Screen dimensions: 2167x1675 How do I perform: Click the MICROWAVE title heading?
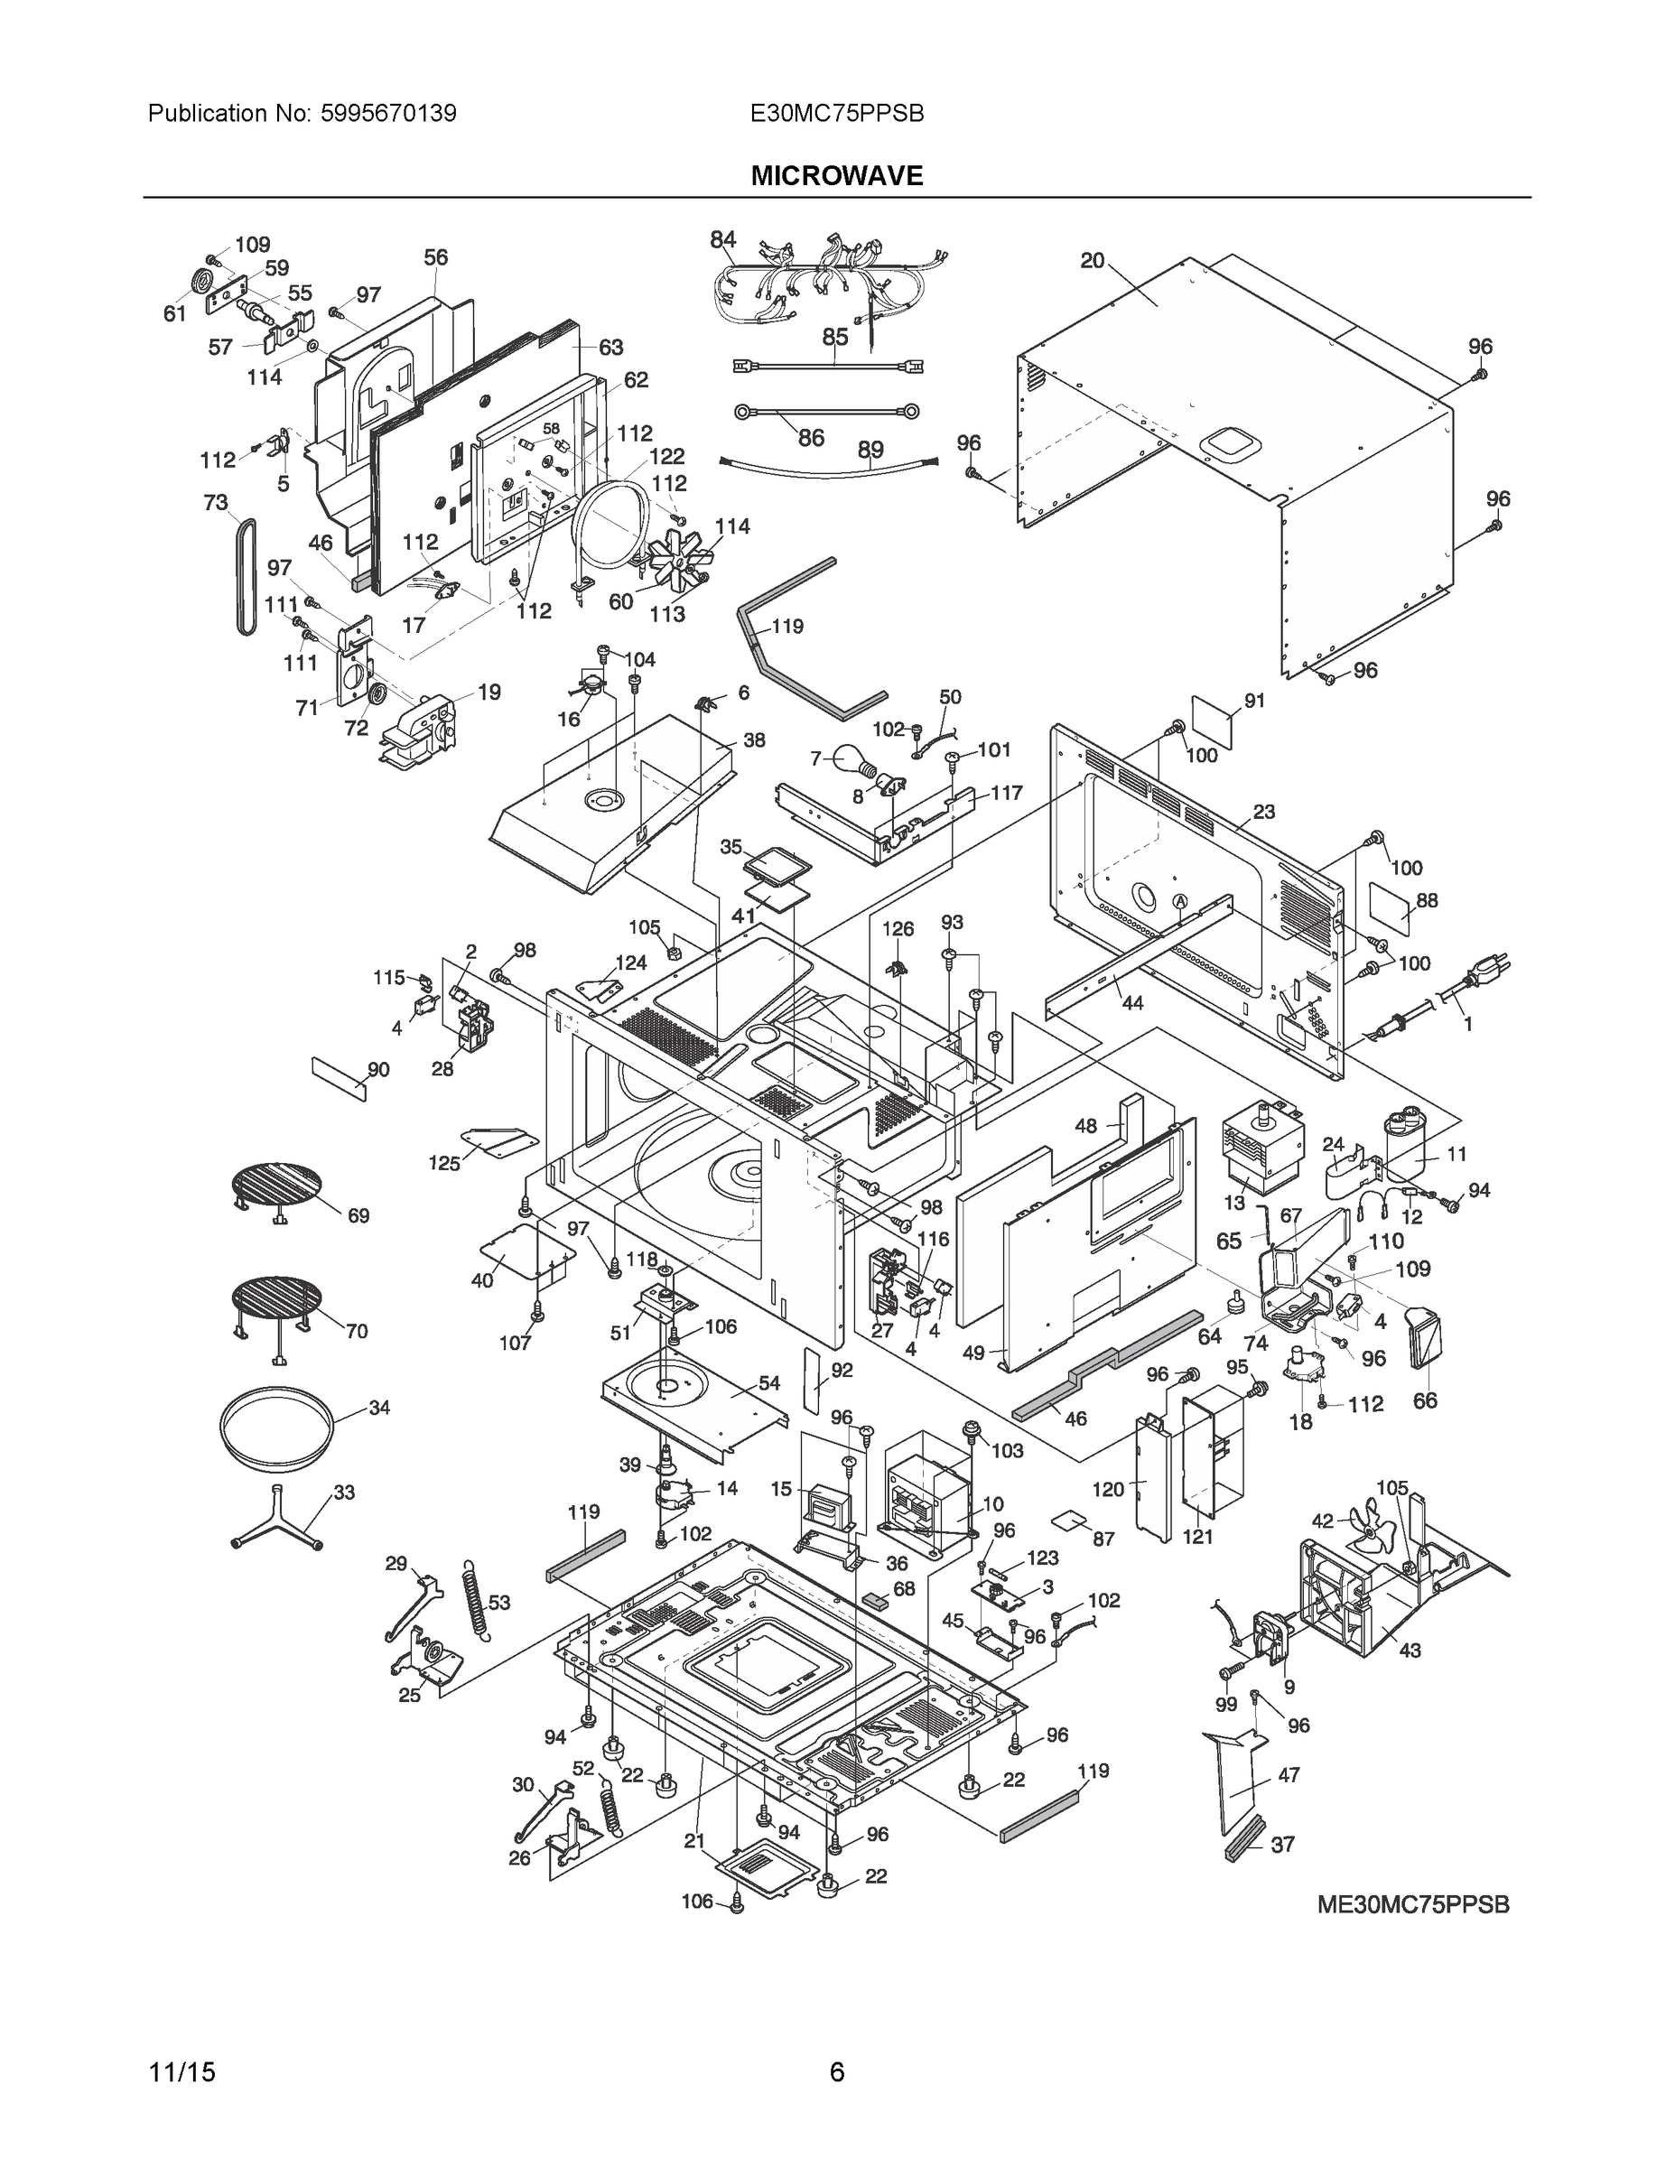coord(836,176)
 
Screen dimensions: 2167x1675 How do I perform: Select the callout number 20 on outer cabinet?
coord(1092,261)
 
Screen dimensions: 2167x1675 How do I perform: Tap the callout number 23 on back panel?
coord(1263,812)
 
